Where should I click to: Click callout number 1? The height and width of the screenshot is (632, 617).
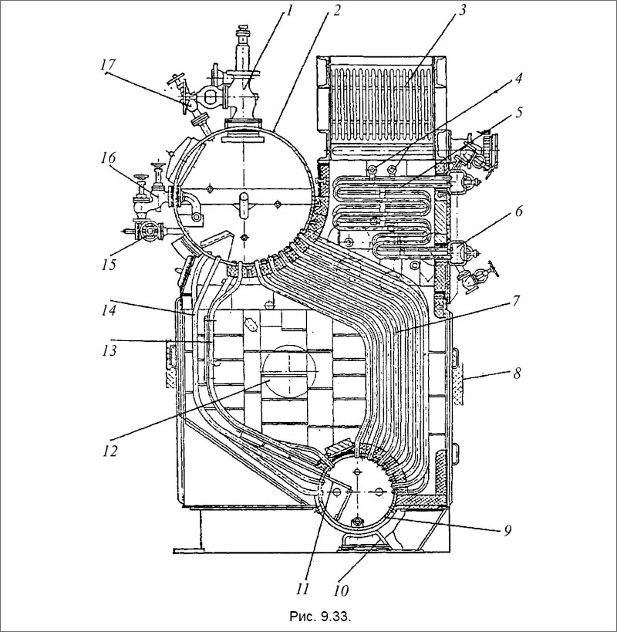pyautogui.click(x=288, y=11)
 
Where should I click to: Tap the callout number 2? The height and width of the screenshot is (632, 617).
pyautogui.click(x=336, y=11)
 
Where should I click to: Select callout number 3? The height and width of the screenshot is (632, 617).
pyautogui.click(x=462, y=11)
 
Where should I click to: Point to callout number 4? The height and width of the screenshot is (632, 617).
pyautogui.click(x=519, y=78)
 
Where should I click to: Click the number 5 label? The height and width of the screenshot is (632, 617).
pyautogui.click(x=519, y=112)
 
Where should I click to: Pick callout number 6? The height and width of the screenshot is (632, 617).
pyautogui.click(x=519, y=211)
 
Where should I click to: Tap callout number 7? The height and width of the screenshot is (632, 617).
pyautogui.click(x=516, y=301)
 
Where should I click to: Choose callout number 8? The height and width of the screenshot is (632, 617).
pyautogui.click(x=517, y=373)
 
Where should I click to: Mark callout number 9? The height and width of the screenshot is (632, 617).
pyautogui.click(x=507, y=530)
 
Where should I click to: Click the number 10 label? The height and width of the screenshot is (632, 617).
pyautogui.click(x=341, y=590)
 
